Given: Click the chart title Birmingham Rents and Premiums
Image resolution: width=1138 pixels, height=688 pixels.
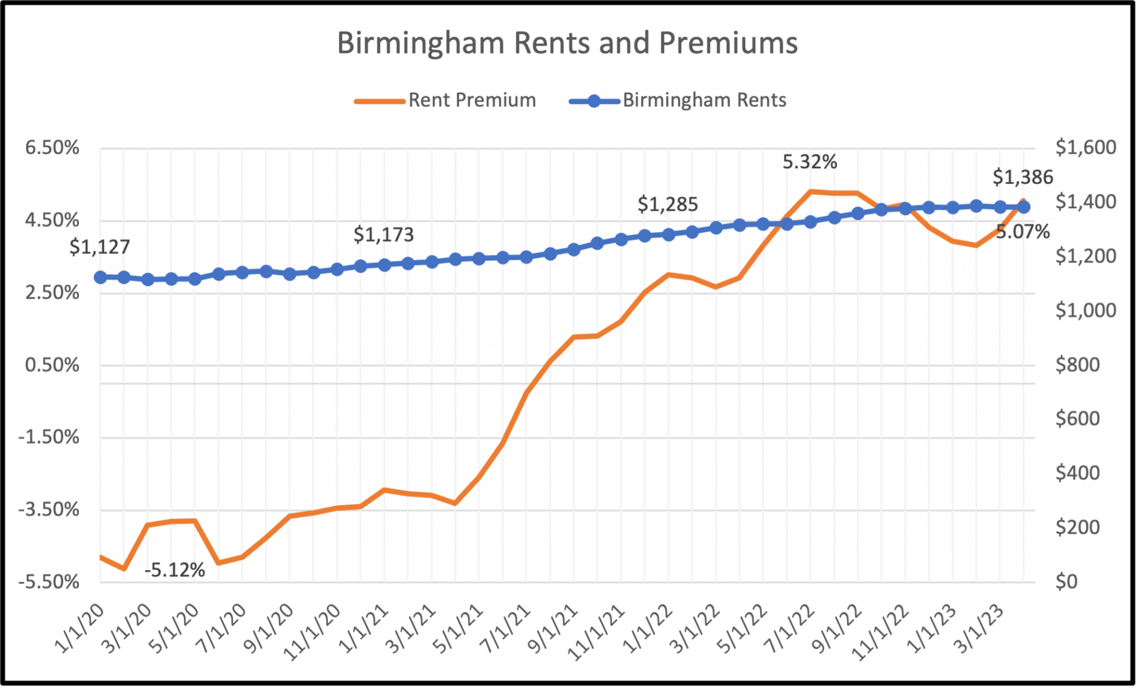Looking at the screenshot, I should pos(567,43).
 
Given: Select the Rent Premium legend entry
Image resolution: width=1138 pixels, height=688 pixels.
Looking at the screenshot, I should pos(472,101).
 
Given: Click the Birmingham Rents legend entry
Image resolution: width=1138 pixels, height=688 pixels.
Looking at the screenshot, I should pos(703,101).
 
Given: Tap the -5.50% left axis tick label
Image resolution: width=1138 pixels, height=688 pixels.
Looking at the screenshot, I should pos(49,582).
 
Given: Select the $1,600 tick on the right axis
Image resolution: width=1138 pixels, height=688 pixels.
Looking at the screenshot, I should pos(1085,148).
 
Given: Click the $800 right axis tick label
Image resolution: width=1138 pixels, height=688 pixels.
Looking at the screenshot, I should pos(1077,365).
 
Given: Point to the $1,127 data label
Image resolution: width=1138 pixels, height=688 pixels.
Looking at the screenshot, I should pos(99,247).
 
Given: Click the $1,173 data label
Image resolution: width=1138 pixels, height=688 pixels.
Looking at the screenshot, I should pos(383,235).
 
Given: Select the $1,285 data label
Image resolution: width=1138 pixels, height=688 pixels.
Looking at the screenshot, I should pos(667,205).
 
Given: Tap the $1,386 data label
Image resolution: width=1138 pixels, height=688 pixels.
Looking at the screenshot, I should pos(1022,178).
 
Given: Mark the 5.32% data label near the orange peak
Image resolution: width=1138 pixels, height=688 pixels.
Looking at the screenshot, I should pos(810,162).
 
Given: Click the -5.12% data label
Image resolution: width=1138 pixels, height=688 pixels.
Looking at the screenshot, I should pos(174,570).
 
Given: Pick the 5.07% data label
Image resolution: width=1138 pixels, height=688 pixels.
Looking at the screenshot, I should pos(1022,232).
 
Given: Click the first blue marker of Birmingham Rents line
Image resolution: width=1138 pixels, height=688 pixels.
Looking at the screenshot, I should pos(101,277).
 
